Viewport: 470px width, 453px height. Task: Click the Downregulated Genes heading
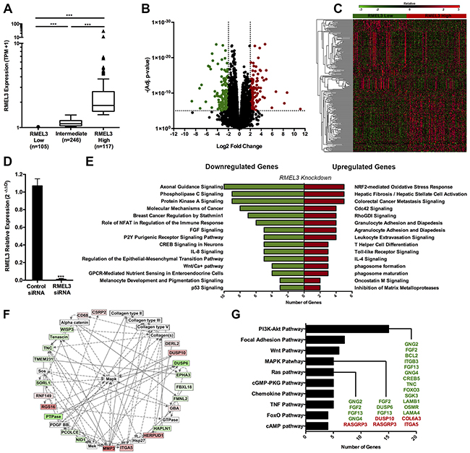click(x=233, y=165)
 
